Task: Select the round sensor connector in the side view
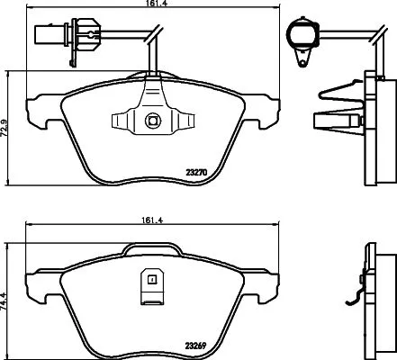300,35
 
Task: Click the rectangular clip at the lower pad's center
151,286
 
